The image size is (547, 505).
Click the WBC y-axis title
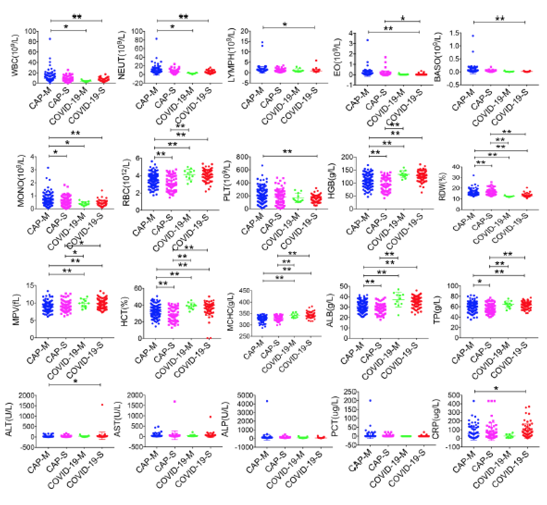pos(15,55)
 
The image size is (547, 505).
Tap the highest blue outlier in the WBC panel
pos(50,39)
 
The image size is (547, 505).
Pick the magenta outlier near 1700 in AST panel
pos(175,401)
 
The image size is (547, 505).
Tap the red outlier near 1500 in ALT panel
pos(102,405)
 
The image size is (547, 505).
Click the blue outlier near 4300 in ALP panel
pos(267,401)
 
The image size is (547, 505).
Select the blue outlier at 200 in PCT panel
pos(370,400)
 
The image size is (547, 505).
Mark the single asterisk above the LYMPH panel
pos(285,24)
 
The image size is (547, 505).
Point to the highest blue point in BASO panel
pos(473,36)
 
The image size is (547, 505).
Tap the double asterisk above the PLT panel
pos(287,152)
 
